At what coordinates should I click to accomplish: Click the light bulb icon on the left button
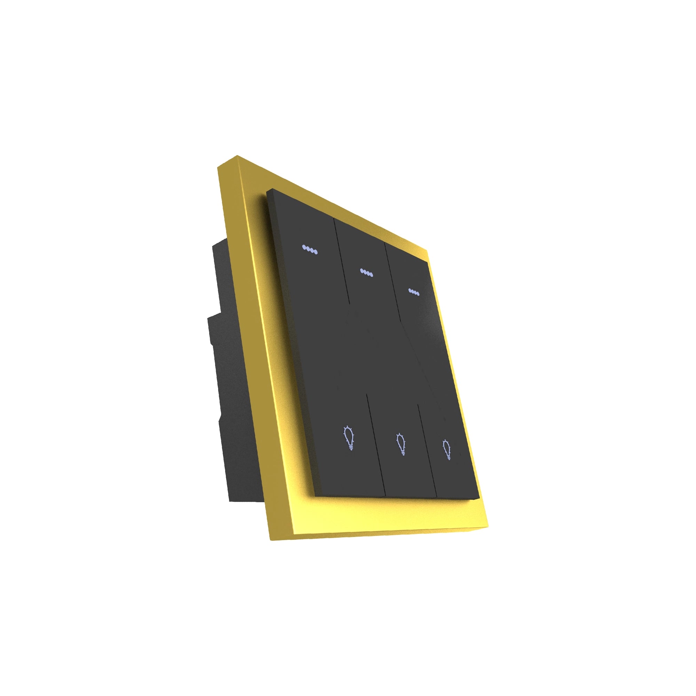click(348, 438)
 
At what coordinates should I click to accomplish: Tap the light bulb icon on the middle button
click(401, 444)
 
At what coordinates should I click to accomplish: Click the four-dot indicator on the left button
click(310, 249)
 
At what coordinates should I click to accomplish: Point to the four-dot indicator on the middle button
click(366, 273)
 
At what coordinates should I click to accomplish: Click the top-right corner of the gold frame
click(428, 249)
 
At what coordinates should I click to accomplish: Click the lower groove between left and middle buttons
click(376, 447)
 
